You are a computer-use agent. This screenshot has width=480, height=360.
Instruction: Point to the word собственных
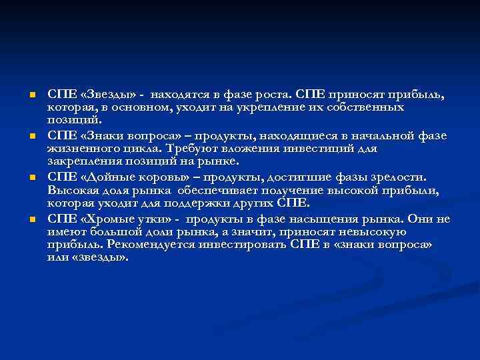click(x=367, y=106)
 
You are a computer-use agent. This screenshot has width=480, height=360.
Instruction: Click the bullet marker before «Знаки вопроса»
click(x=31, y=137)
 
